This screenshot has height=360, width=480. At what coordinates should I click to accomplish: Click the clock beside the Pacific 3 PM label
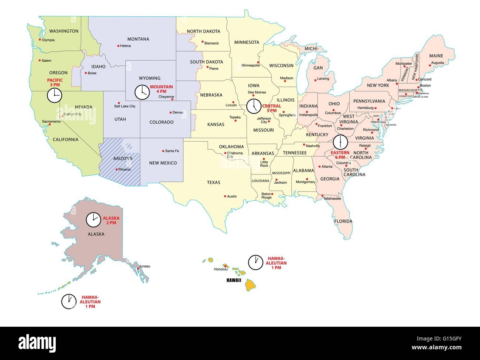pos(54,96)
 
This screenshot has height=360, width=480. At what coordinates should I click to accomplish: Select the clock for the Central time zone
pos(253,106)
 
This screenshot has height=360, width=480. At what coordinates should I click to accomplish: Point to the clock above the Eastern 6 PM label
pos(340,142)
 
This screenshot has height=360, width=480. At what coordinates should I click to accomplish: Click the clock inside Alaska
pos(93,220)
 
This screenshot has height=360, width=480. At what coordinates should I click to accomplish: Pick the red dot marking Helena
pos(118,46)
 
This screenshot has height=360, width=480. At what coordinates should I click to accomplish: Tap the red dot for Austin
pos(225,196)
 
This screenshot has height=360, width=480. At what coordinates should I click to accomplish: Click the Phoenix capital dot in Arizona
pos(117,170)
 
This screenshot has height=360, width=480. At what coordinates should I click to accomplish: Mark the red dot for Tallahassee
pos(322,196)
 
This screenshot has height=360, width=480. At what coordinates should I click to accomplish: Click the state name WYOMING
pos(150,78)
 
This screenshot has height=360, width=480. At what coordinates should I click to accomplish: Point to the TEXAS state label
pos(213,182)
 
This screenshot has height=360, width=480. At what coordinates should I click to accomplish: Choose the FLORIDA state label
pos(343,221)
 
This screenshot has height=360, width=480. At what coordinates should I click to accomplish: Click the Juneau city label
pos(144,266)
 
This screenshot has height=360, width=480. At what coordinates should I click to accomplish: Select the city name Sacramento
pos(51,121)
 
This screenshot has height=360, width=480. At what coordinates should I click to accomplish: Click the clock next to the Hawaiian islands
pos(254,262)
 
